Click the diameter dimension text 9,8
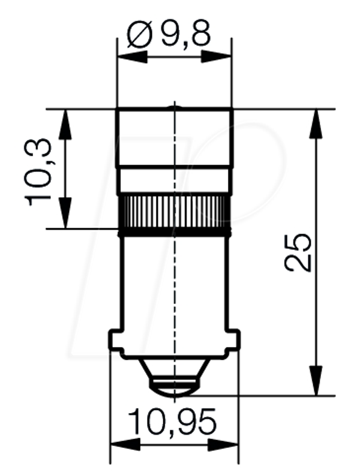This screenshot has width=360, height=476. click(185, 34)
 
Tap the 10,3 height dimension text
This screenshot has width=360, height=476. click(38, 172)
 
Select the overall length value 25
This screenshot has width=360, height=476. click(298, 252)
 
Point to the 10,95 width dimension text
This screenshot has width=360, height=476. click(172, 422)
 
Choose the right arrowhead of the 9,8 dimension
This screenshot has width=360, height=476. click(216, 57)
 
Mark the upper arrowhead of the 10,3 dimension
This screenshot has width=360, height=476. click(65, 124)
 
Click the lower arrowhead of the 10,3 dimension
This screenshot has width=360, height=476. click(65, 212)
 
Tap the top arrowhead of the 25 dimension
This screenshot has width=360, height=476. click(316, 124)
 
